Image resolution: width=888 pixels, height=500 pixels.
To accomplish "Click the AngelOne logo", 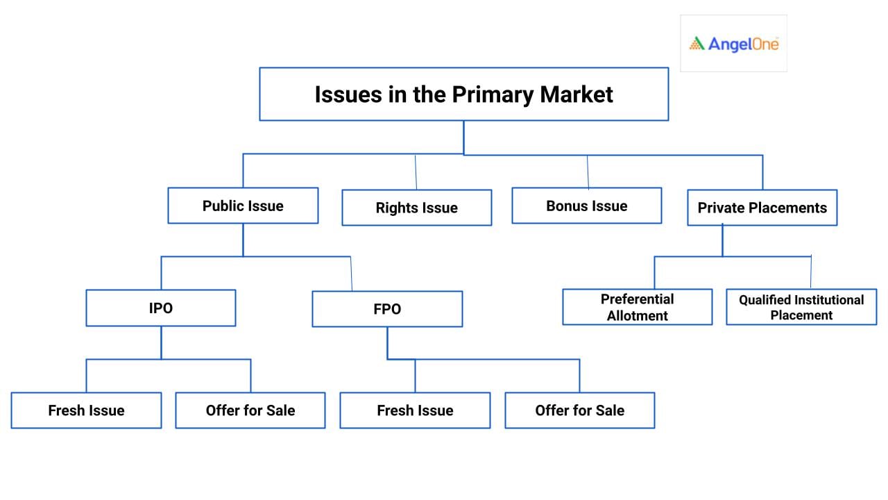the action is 734,44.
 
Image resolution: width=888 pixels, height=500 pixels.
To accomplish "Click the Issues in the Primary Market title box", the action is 464,94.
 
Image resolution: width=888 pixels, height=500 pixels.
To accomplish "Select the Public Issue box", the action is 243,206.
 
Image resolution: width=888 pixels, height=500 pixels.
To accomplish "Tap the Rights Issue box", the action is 417,208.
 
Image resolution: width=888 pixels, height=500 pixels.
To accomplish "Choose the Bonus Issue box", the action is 587,206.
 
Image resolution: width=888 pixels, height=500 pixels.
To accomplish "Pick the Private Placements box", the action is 762,208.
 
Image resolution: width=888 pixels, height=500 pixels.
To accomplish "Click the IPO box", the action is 161,308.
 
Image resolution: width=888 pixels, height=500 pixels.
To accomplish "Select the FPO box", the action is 387,309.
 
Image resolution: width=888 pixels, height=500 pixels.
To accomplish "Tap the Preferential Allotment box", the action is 638,307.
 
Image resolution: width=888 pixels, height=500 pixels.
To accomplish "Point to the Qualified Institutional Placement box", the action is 801,307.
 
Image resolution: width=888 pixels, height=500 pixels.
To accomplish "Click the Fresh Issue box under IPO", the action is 87,410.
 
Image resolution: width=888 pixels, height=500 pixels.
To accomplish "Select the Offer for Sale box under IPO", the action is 250,410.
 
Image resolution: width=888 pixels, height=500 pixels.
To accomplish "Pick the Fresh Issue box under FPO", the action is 415,410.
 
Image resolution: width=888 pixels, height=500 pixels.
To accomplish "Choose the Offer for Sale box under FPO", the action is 580,410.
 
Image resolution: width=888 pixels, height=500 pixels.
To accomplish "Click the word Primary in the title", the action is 493,95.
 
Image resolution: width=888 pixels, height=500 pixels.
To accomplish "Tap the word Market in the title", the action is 577,94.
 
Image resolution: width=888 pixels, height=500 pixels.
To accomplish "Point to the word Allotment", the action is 638,315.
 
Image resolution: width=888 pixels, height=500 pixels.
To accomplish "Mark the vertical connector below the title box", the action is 464,137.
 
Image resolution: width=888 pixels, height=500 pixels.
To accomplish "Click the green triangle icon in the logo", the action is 697,44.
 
